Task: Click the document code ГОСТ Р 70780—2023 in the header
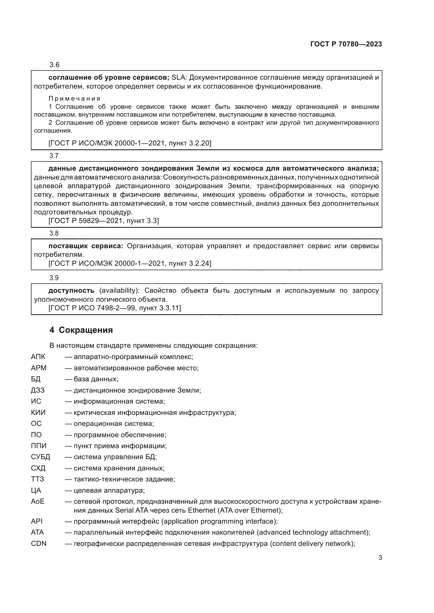346,44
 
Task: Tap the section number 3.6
54,65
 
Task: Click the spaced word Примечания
74,99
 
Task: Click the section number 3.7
54,156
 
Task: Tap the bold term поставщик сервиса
86,246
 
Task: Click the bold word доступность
71,290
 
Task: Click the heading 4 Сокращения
81,330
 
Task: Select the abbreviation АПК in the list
38,357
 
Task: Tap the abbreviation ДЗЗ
38,390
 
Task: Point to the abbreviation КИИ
38,413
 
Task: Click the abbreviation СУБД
40,457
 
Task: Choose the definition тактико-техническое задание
124,479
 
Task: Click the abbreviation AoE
38,501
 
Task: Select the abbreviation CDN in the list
39,544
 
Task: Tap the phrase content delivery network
312,544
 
